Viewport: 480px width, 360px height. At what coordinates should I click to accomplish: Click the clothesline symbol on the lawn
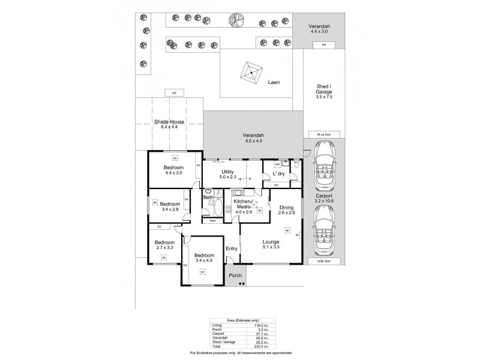pyautogui.click(x=250, y=73)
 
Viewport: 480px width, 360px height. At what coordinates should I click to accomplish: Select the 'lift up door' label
pyautogui.click(x=323, y=135)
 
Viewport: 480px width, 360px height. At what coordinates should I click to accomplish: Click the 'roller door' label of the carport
pyautogui.click(x=323, y=261)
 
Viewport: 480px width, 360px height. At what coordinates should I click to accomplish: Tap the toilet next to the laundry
pyautogui.click(x=296, y=163)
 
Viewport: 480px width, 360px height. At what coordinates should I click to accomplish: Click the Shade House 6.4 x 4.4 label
pyautogui.click(x=169, y=124)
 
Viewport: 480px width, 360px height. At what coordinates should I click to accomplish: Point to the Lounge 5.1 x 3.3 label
pyautogui.click(x=270, y=244)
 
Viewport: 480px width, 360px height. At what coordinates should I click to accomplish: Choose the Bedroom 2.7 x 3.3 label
pyautogui.click(x=164, y=245)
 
